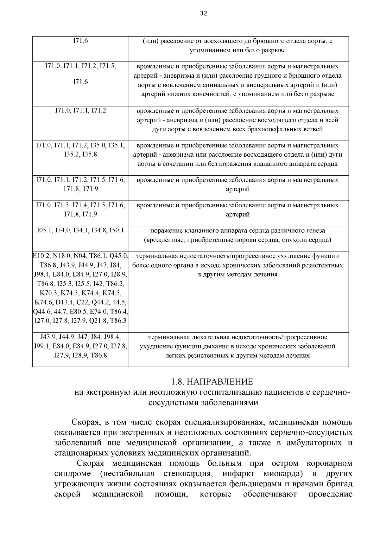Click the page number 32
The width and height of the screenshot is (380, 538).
[x=204, y=13]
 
